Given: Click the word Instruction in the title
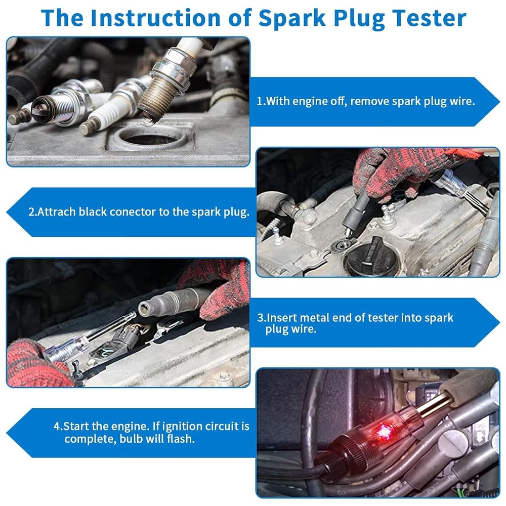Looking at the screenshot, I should (x=156, y=18).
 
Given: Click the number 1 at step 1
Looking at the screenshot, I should (x=260, y=101).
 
